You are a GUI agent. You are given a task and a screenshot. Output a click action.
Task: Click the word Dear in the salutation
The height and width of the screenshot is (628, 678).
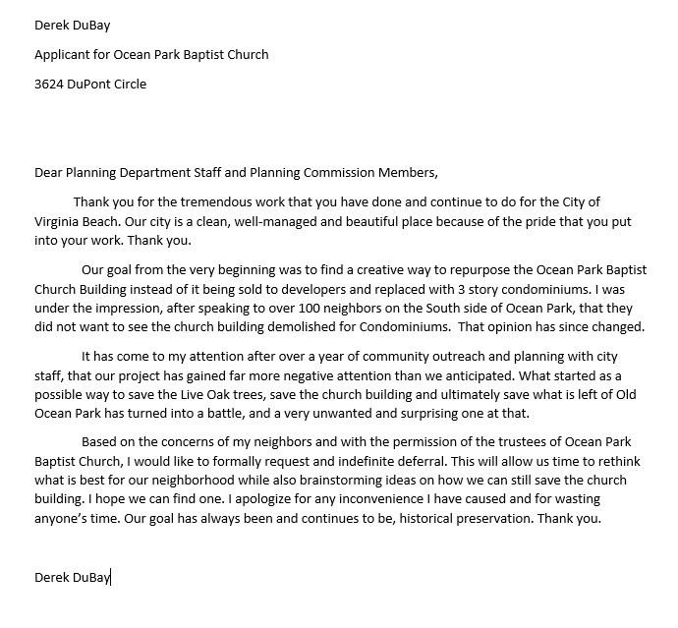pyautogui.click(x=48, y=173)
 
